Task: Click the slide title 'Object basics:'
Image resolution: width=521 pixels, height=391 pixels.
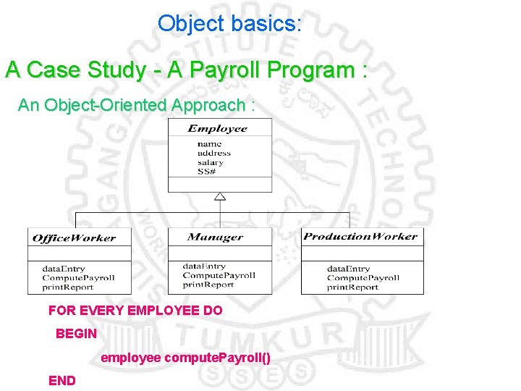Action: click(229, 23)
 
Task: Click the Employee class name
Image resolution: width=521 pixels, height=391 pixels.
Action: click(218, 129)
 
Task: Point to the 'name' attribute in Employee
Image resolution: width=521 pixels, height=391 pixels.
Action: click(210, 144)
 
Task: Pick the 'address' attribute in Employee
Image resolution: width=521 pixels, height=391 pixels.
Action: click(214, 153)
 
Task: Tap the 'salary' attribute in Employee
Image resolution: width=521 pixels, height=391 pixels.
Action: click(211, 162)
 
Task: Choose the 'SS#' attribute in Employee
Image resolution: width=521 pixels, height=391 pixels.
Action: click(206, 172)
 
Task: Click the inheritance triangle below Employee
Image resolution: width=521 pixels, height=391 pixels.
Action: click(220, 196)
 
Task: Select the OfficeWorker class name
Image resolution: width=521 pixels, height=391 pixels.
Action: click(74, 238)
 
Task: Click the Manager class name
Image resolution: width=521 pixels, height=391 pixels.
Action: click(215, 237)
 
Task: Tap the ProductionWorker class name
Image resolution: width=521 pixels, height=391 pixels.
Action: click(360, 237)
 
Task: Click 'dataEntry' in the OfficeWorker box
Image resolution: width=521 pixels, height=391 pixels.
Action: click(64, 269)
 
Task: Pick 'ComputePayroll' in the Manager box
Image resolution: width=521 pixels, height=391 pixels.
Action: click(219, 275)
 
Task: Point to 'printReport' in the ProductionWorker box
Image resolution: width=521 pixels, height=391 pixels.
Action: click(352, 287)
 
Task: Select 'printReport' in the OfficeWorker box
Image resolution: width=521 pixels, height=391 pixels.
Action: click(68, 287)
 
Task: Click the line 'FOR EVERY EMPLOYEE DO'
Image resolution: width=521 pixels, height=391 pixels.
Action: click(135, 311)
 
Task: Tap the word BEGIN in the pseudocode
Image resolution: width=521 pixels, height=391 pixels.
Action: click(76, 335)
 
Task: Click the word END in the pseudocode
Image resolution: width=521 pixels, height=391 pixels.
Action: click(62, 380)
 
